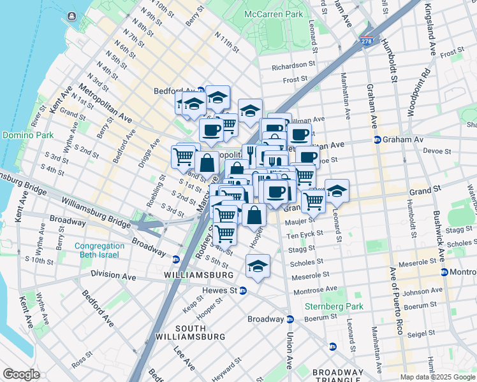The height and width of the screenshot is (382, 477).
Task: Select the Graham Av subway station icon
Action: (377, 140)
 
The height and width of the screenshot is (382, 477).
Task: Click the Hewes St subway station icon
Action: (243, 290)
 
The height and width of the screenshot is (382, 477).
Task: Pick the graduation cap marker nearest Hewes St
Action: (258, 266)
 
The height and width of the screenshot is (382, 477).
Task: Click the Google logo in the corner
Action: (21, 374)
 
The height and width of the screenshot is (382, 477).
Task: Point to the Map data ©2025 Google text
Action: (437, 377)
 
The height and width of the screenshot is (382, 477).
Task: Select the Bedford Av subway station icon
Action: (200, 90)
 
